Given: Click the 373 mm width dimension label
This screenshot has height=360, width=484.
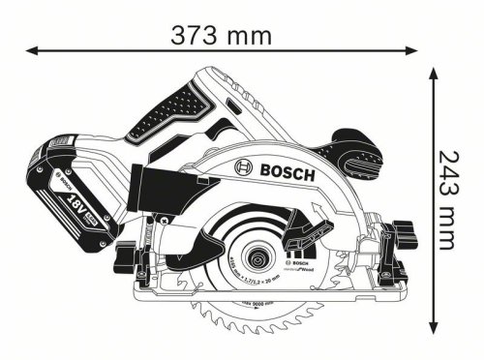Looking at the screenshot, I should [220, 36].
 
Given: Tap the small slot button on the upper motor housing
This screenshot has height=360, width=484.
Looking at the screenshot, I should [235, 102].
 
